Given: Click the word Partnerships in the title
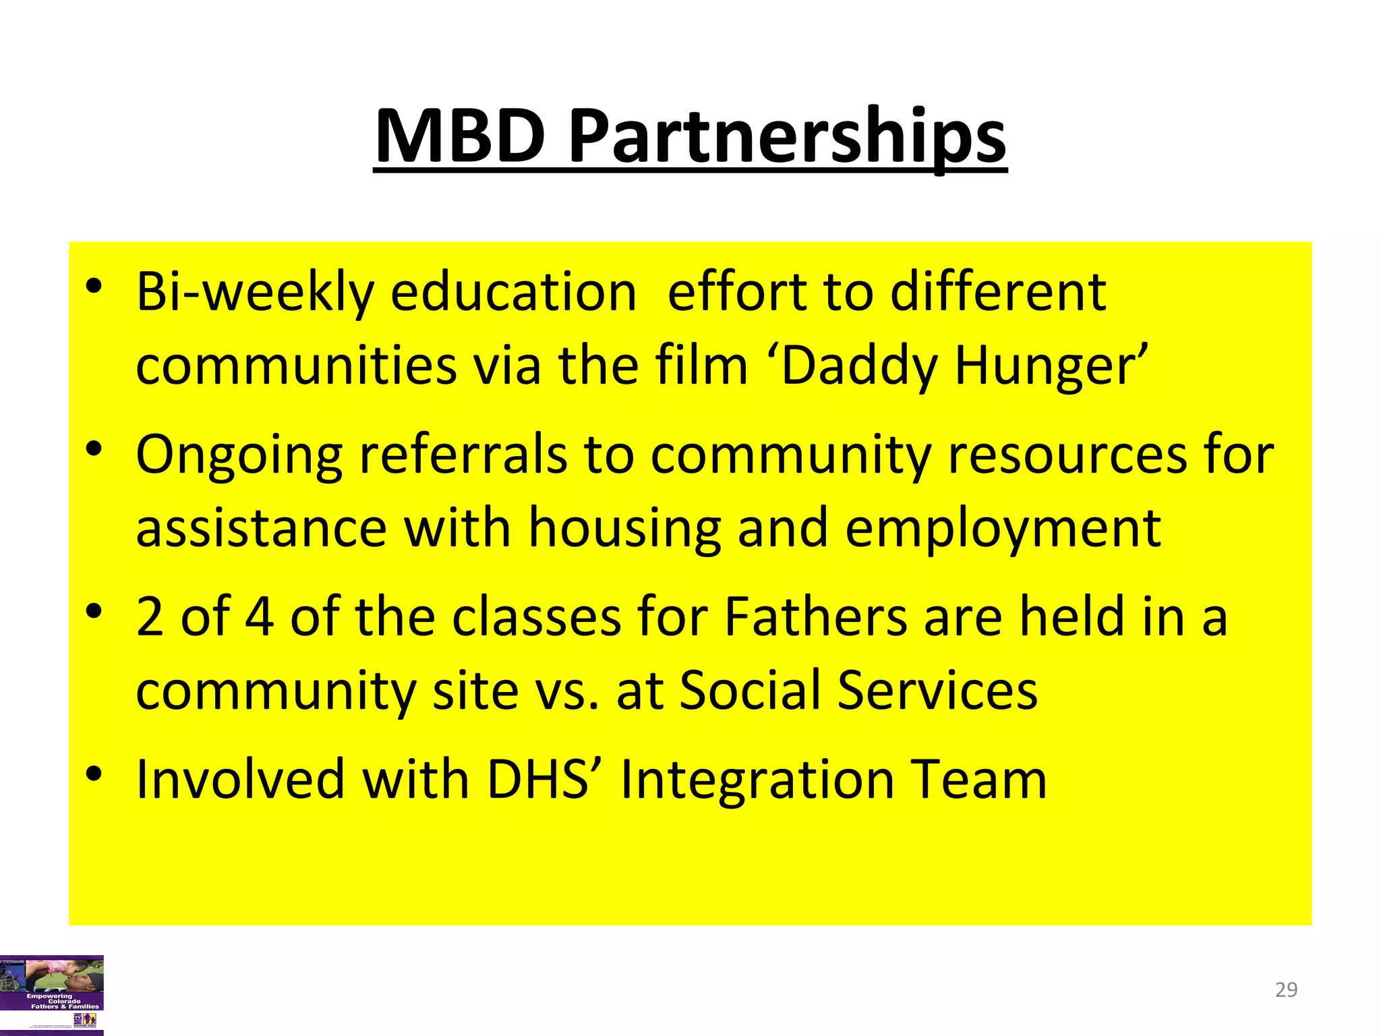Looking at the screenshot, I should [788, 138].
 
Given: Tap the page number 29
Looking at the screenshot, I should [1286, 989].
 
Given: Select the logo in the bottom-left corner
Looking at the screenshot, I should [52, 994].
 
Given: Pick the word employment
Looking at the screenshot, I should [1003, 529].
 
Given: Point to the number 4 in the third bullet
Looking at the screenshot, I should [259, 617].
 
